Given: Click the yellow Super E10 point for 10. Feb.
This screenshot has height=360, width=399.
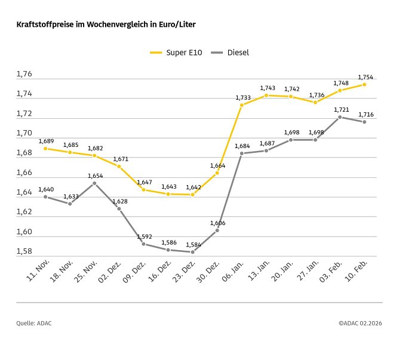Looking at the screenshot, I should tap(364, 84).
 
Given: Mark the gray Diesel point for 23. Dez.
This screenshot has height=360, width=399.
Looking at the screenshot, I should tap(192, 252).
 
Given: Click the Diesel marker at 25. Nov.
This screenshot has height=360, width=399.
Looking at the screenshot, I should tap(94, 183).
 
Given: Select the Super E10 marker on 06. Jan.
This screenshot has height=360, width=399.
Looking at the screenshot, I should tap(242, 105).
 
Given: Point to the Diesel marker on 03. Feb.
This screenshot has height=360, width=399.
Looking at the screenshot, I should tap(340, 117).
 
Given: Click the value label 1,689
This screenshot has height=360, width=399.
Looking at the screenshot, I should tap(46, 141).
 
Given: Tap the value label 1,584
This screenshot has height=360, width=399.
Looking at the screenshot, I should tap(193, 245).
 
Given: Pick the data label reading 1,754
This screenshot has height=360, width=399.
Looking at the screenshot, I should tap(365, 77).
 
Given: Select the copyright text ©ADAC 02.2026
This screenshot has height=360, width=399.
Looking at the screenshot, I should tap(360, 323).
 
